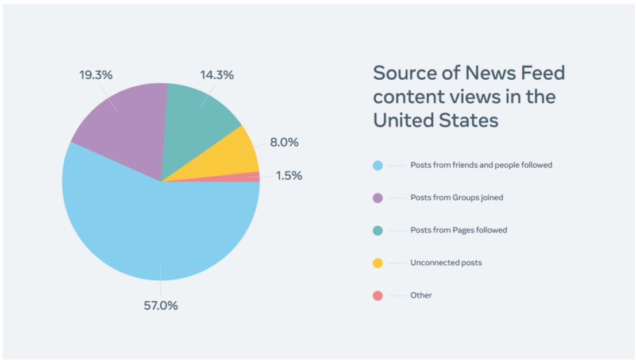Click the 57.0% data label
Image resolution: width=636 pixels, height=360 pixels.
point(161,305)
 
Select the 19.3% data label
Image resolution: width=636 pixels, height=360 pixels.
point(96,75)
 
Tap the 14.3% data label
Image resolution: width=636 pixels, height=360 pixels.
point(217,75)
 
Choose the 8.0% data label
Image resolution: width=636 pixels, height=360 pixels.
point(284,142)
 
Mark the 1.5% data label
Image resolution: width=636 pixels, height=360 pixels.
point(289,176)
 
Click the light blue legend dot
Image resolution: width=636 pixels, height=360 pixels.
point(377,165)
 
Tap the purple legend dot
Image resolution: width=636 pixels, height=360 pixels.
point(377,198)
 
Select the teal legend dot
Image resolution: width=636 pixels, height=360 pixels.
point(377,230)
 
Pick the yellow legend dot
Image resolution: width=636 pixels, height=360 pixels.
point(377,263)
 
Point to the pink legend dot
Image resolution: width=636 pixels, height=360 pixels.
point(377,296)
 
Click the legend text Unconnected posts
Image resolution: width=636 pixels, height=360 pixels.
point(446,263)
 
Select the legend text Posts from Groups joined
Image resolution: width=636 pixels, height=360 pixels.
point(457,198)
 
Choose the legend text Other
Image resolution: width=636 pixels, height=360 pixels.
point(421,295)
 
